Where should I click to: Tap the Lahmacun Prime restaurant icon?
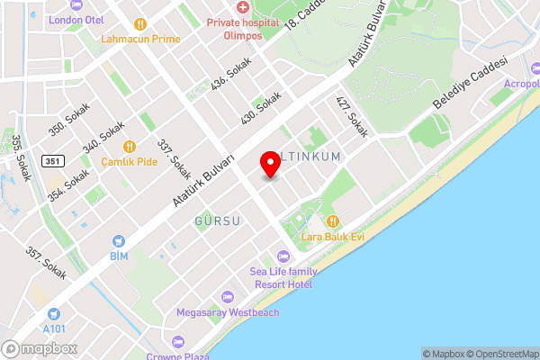coord(139,24)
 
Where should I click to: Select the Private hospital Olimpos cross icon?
coord(242,7)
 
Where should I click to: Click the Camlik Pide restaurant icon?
coord(129,146)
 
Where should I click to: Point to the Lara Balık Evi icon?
coord(333,220)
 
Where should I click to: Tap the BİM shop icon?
coord(118,241)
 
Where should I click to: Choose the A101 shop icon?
coord(54,313)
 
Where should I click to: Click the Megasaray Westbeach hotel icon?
coord(227,297)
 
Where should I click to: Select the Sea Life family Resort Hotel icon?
coord(283,256)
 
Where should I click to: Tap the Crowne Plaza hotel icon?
coord(177,341)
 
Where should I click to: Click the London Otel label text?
coord(76,20)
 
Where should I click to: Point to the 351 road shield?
coord(53,161)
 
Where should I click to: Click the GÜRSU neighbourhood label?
coord(218,220)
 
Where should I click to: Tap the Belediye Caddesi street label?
coord(471,83)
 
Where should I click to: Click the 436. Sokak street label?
coord(230,74)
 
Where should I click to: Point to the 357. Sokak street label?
coord(47,264)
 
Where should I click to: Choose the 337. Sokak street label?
coord(173,158)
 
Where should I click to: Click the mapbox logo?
coord(38,348)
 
